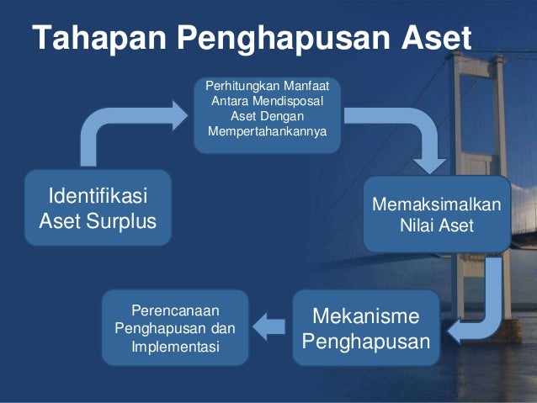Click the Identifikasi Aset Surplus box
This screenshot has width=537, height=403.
(x=98, y=208)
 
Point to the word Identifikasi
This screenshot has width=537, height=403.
(x=98, y=196)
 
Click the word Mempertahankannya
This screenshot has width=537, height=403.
(x=268, y=132)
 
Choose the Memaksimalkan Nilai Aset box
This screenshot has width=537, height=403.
(x=437, y=215)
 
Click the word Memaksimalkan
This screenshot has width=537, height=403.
(x=437, y=206)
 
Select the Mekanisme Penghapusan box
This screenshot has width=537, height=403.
(x=365, y=328)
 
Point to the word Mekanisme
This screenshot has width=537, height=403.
(x=365, y=316)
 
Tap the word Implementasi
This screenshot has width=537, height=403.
(x=175, y=345)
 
